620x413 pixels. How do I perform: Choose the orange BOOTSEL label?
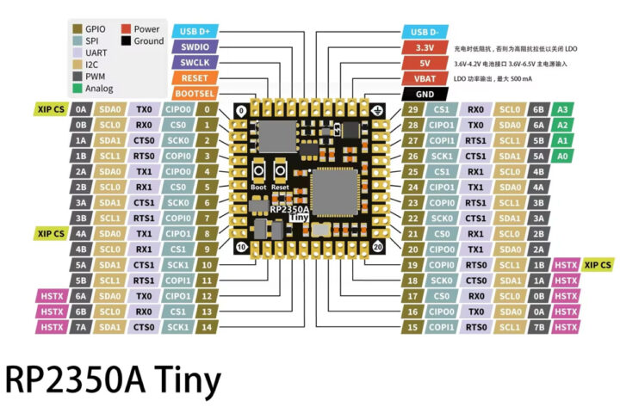click(195, 94)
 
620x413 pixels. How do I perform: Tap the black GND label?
click(425, 94)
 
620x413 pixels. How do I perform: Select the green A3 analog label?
click(562, 110)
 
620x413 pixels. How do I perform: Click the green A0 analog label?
click(562, 157)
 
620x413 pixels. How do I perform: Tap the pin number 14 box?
click(207, 327)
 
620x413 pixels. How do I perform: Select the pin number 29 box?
click(413, 110)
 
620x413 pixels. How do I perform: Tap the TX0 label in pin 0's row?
click(143, 110)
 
